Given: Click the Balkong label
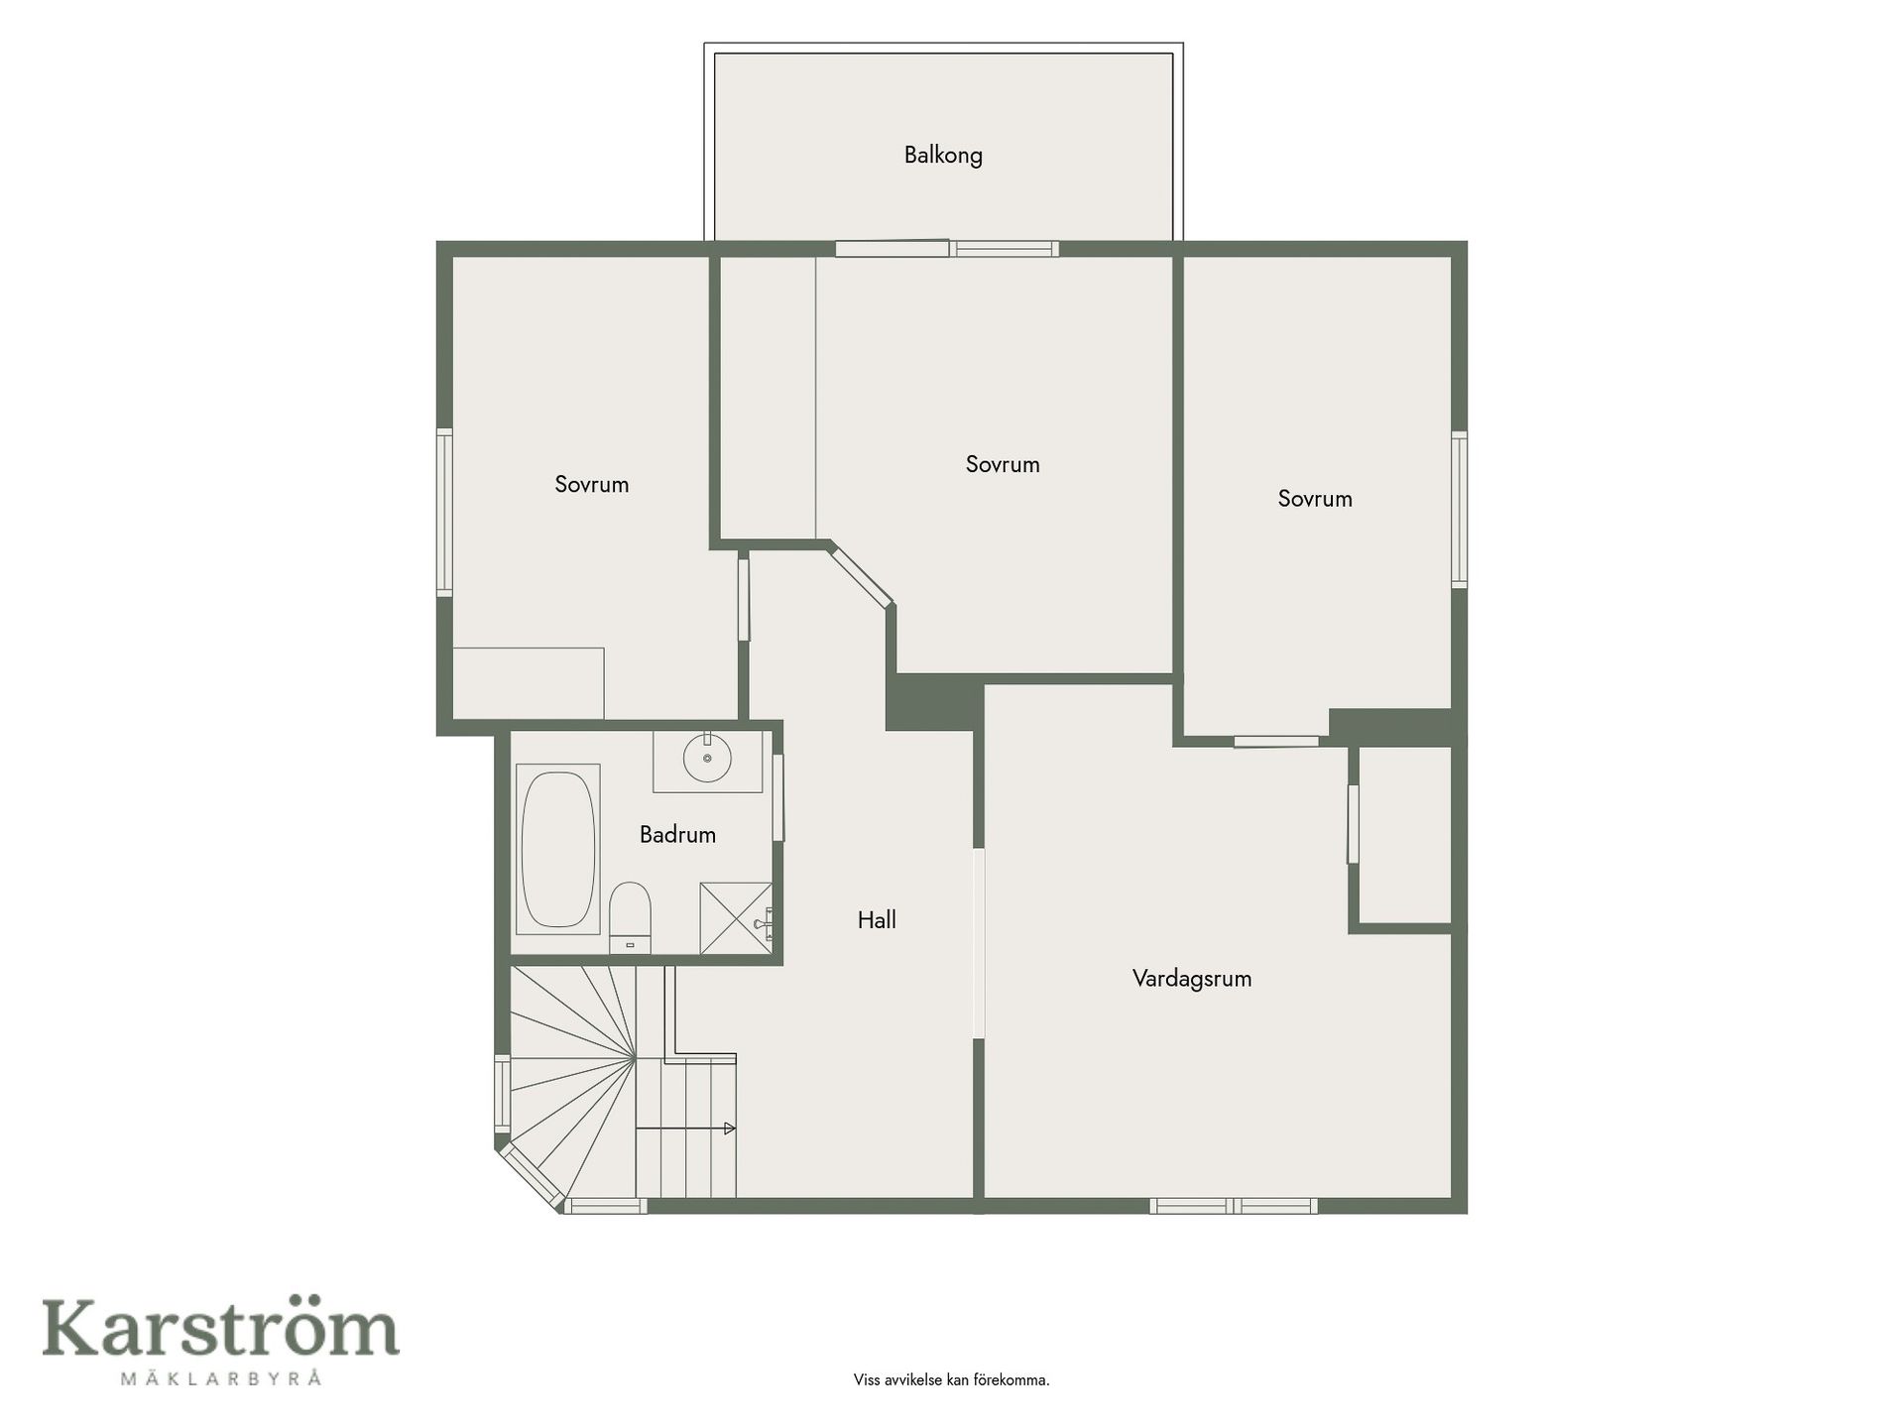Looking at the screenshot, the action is tap(943, 156).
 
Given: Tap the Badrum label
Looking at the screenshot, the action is tap(677, 835).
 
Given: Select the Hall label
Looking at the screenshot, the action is tap(877, 920).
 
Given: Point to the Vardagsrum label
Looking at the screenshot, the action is tap(1192, 979).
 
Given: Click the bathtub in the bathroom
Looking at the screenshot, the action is tap(558, 849).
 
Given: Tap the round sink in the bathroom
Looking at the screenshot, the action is tap(707, 759).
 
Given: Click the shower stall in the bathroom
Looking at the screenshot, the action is tap(736, 918).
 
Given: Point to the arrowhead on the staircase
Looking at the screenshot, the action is tap(730, 1129).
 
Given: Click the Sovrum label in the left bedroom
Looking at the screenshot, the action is tap(592, 485).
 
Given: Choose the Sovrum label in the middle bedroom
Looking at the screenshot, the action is tap(1003, 465).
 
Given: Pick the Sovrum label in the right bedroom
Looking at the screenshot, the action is tap(1315, 499).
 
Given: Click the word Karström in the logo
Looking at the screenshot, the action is tap(220, 1329).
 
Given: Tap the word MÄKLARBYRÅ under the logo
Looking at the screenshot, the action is tap(220, 1378).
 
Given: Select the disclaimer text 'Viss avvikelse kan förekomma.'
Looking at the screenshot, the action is tap(951, 1380).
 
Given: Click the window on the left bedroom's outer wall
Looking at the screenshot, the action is tap(444, 513).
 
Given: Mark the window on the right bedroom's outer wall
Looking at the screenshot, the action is tap(1460, 510).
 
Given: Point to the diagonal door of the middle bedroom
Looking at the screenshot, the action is tap(861, 575).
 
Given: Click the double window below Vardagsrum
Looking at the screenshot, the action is tap(1234, 1206).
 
